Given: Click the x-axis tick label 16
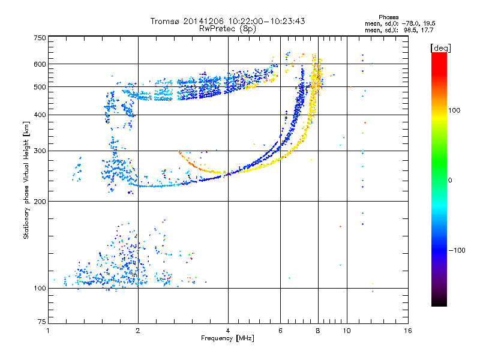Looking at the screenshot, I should click(409, 331).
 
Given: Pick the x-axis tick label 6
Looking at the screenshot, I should click(280, 331).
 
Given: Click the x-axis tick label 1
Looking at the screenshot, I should click(48, 331).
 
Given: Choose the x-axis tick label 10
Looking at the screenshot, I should click(346, 331).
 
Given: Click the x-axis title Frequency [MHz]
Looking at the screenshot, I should click(228, 338).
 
